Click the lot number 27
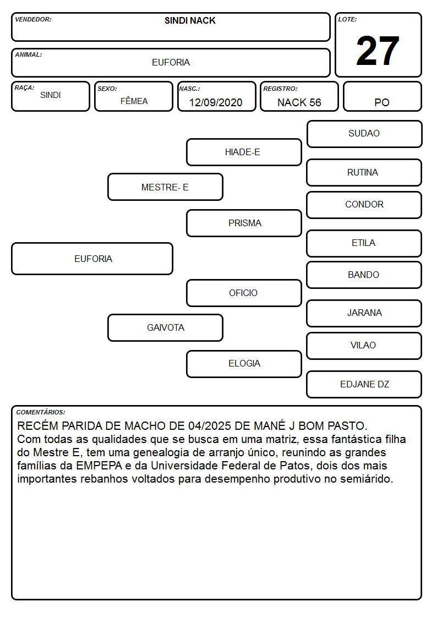click(x=378, y=51)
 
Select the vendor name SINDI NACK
click(x=190, y=20)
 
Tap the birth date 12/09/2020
click(x=216, y=102)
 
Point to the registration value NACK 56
click(x=299, y=102)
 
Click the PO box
click(x=382, y=96)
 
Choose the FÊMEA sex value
click(x=134, y=101)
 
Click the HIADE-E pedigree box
click(x=244, y=152)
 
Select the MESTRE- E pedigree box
click(x=165, y=187)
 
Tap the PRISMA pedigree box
click(x=244, y=223)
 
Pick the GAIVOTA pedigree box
click(x=165, y=327)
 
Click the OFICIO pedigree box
click(x=244, y=293)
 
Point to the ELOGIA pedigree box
click(x=244, y=364)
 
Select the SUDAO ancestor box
click(x=364, y=134)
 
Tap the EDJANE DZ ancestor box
click(x=364, y=384)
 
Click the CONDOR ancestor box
click(x=364, y=205)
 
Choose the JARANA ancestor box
click(x=364, y=313)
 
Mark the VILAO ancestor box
click(x=364, y=346)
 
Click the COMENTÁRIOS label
click(x=41, y=412)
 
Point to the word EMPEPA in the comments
click(x=99, y=466)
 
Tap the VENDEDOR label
click(x=33, y=19)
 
